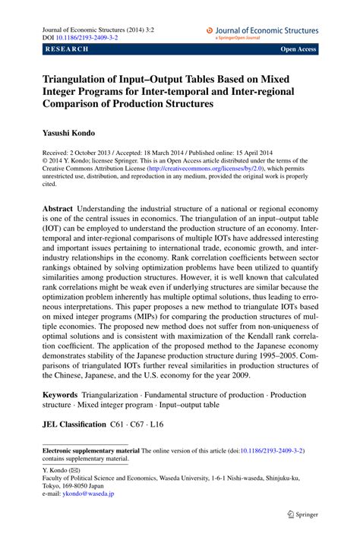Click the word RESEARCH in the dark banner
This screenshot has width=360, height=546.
pos(67,49)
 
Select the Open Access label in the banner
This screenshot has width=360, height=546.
pos(298,49)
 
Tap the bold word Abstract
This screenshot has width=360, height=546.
pos(57,208)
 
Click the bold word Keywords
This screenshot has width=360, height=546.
pos(60,395)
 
